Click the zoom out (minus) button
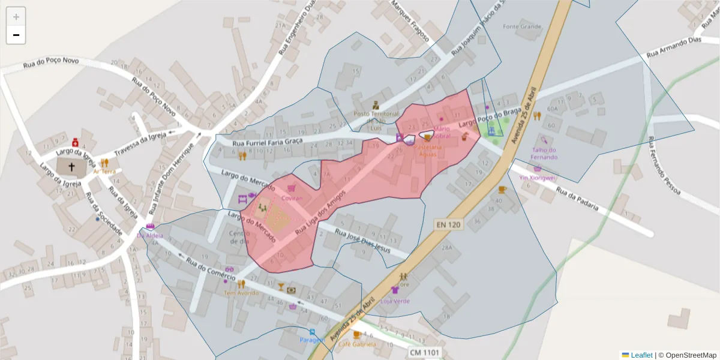[x=16, y=35]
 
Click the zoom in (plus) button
[x=16, y=17]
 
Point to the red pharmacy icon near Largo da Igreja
[x=76, y=143]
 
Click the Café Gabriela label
[x=357, y=344]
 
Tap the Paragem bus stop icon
[x=311, y=332]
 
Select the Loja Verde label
[x=395, y=301]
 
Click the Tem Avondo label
[x=238, y=293]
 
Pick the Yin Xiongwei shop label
[x=537, y=178]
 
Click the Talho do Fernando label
[x=544, y=154]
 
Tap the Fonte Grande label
[x=522, y=26]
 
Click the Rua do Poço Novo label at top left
[x=50, y=62]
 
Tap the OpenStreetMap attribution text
[x=687, y=355]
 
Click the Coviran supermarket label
[x=291, y=198]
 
